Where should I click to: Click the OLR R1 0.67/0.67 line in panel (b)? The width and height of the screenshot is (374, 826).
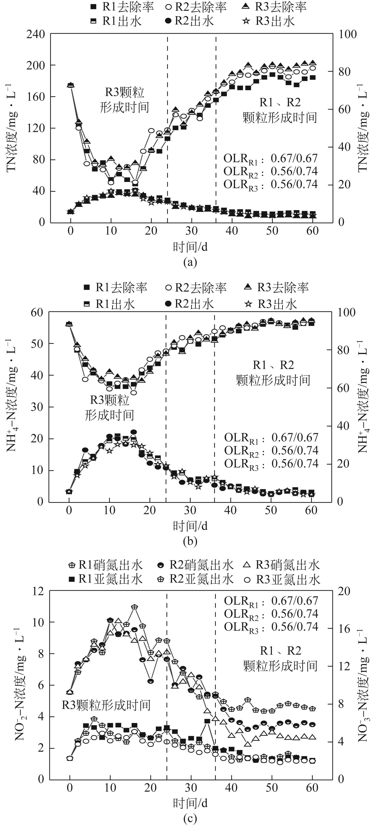point(271,438)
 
